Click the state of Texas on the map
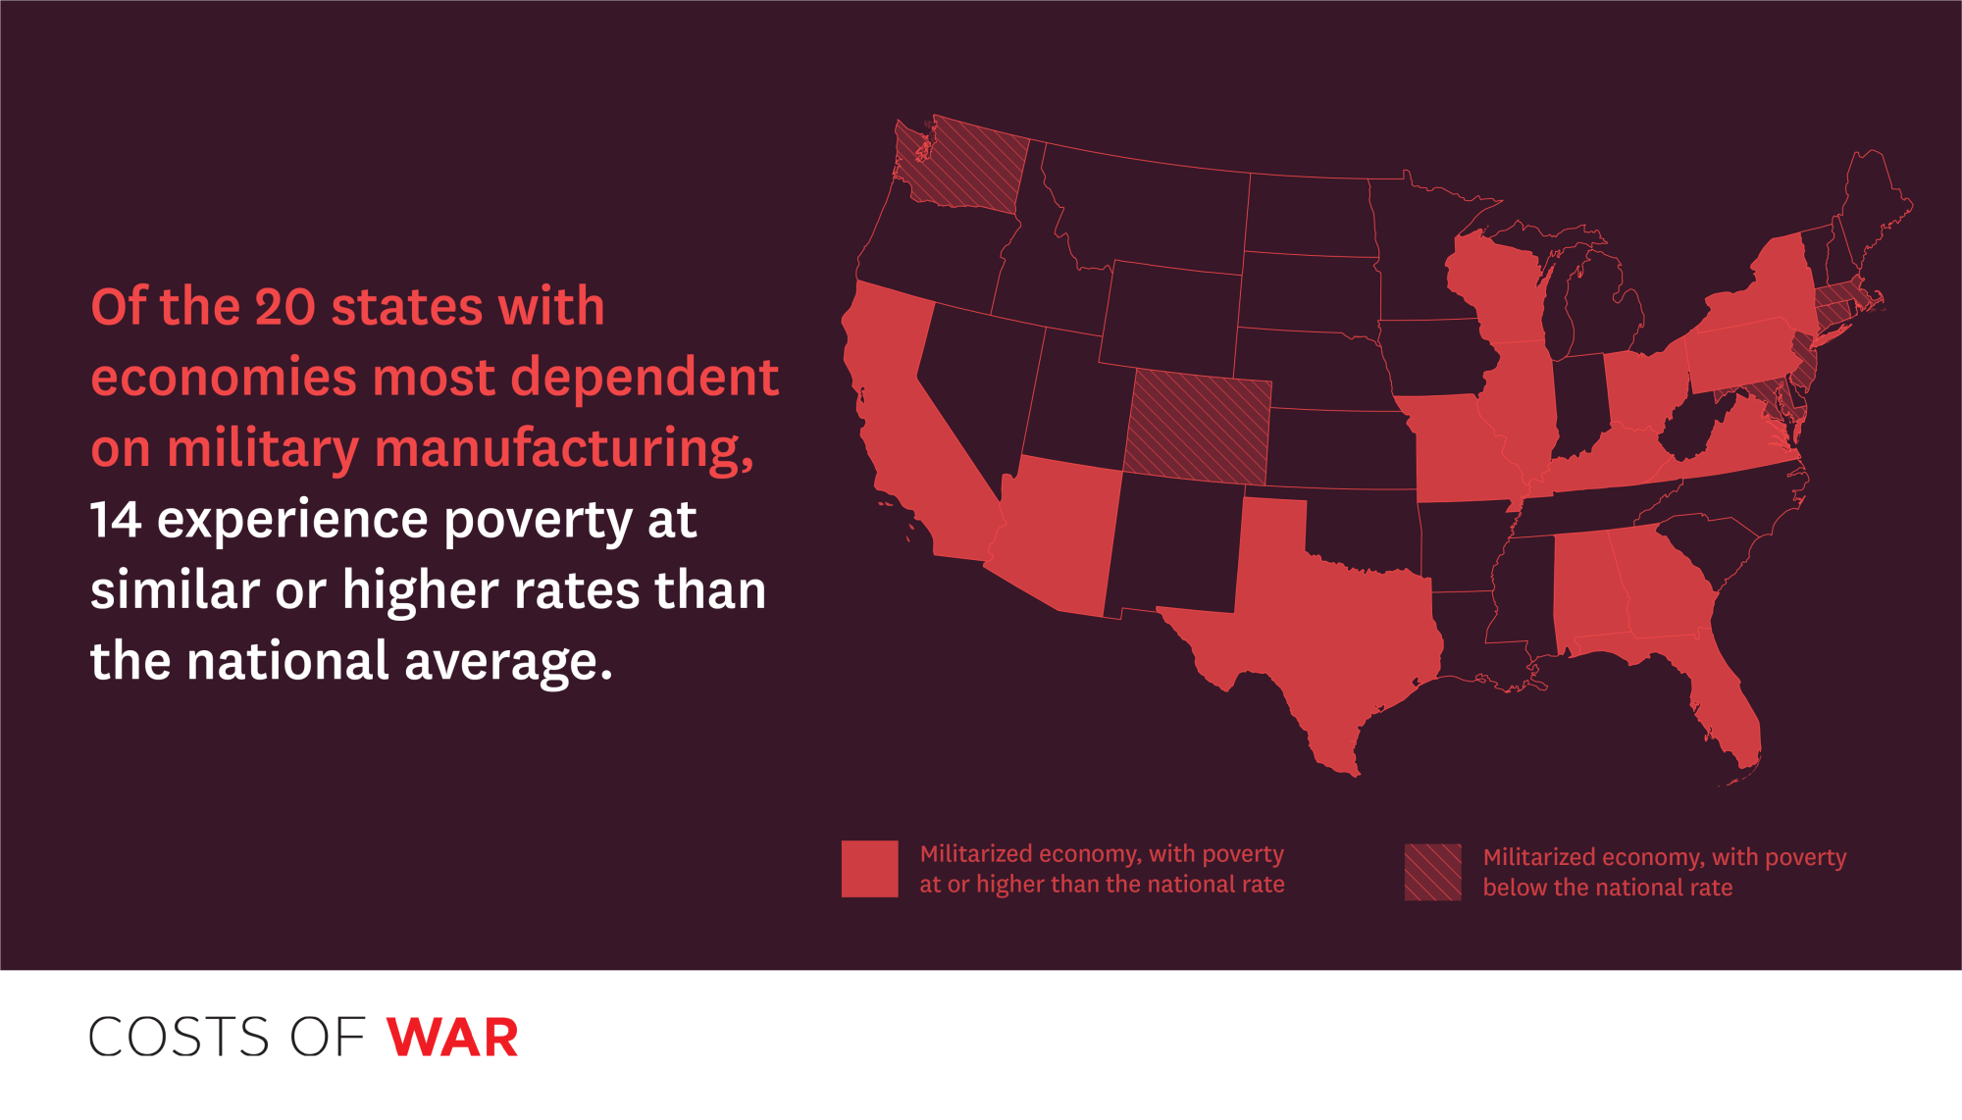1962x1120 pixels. tap(1324, 608)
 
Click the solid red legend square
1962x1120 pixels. tap(869, 869)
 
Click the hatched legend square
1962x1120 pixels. tap(1433, 872)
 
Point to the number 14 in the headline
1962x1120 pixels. tap(115, 520)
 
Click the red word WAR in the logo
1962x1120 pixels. tap(452, 1038)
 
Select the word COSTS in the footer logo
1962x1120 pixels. tap(179, 1038)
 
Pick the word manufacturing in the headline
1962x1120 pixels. tap(564, 450)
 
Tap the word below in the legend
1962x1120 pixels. tap(1515, 888)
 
